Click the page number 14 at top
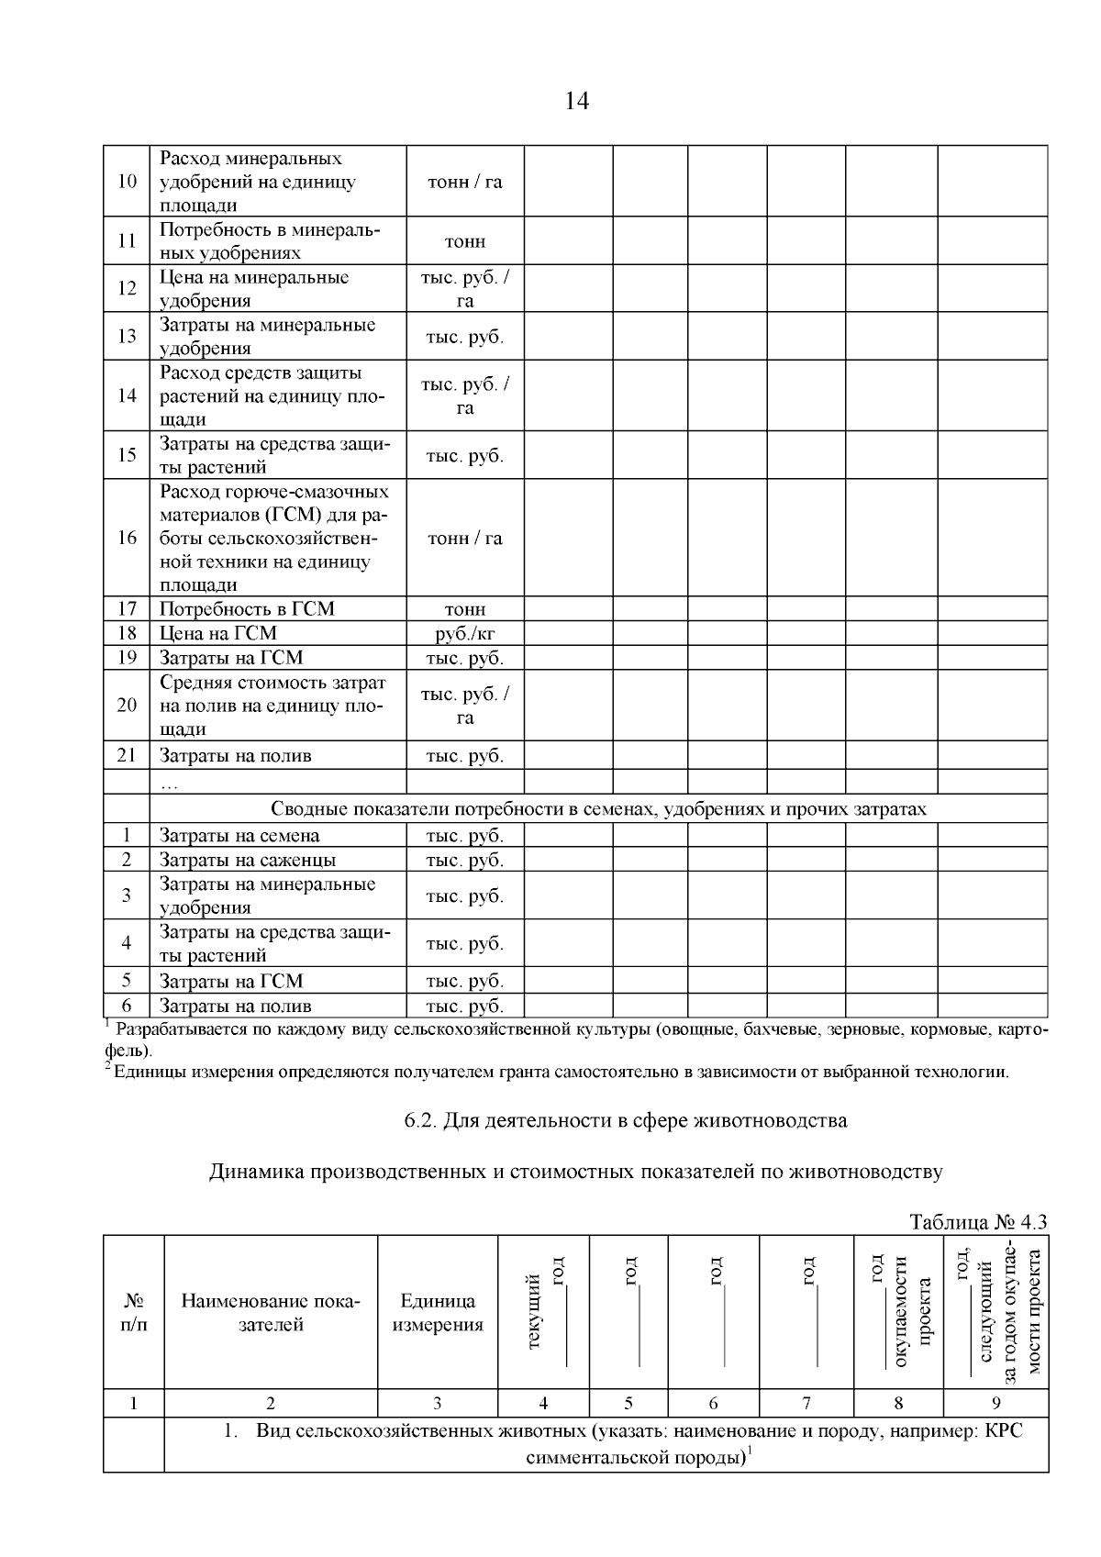click(577, 101)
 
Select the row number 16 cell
click(127, 538)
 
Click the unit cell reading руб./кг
click(465, 633)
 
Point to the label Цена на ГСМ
click(218, 633)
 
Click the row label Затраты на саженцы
click(248, 860)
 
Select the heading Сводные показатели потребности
click(598, 809)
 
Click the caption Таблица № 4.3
click(977, 1223)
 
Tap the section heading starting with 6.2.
click(626, 1120)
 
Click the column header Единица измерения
click(438, 1312)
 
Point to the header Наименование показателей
click(271, 1312)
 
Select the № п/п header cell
click(134, 1312)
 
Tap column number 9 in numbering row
click(996, 1402)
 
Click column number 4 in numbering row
click(544, 1402)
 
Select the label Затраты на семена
click(239, 836)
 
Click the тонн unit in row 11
click(465, 242)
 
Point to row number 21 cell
click(127, 755)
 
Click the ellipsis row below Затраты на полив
click(170, 783)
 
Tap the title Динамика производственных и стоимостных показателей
click(576, 1172)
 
